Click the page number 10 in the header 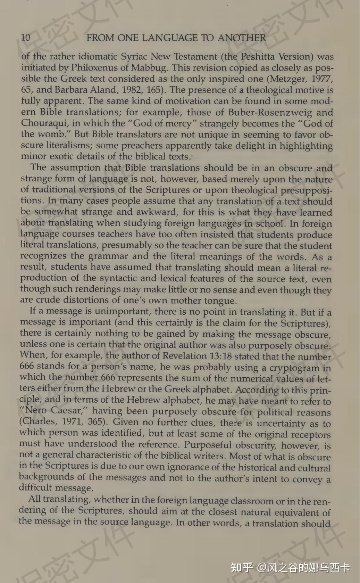point(26,38)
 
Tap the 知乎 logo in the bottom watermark point(242,567)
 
